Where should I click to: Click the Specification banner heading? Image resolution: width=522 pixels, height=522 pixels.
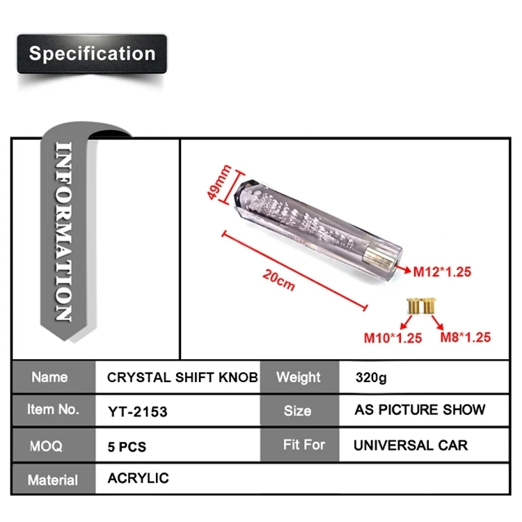click(92, 54)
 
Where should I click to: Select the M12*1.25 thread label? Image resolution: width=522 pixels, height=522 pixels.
click(443, 272)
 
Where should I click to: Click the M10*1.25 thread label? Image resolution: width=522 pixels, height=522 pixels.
click(393, 338)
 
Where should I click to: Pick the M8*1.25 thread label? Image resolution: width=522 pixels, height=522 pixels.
click(466, 338)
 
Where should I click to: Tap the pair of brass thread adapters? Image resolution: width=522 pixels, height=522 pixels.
click(421, 304)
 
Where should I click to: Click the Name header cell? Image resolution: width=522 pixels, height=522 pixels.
click(50, 377)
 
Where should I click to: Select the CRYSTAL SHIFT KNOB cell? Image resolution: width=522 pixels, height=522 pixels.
click(182, 377)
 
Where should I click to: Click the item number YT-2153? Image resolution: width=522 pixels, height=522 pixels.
click(138, 411)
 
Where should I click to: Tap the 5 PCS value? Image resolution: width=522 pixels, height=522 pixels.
click(127, 445)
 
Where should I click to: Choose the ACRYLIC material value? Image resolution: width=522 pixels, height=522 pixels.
click(139, 478)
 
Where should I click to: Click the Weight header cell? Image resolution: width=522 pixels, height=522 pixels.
click(299, 377)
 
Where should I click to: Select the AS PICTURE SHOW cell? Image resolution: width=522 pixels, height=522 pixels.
click(420, 410)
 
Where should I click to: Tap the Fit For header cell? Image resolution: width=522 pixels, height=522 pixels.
click(303, 444)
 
